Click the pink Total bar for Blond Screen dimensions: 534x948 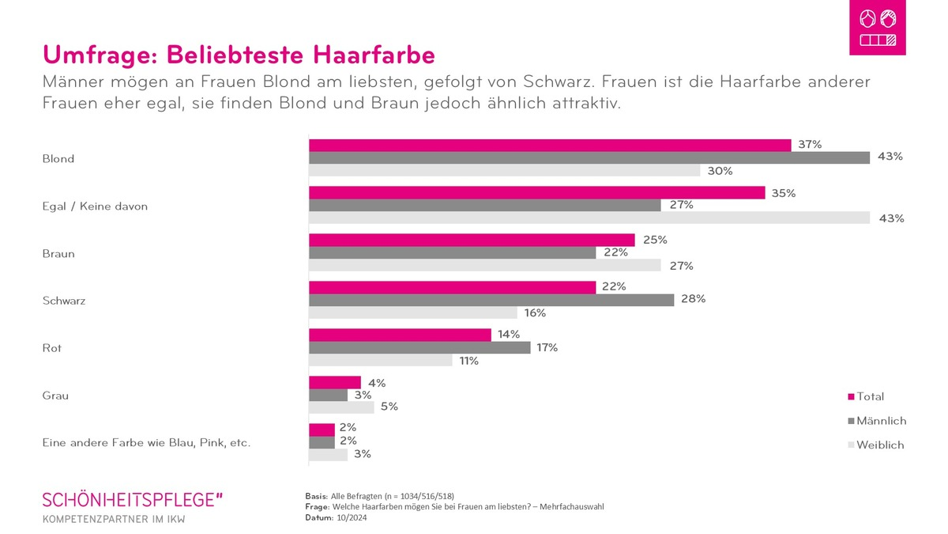(549, 145)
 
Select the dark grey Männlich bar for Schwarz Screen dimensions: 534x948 (491, 300)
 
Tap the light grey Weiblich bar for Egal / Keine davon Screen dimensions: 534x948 (589, 218)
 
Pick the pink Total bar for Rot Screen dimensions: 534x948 (400, 335)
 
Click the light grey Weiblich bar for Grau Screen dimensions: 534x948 (341, 407)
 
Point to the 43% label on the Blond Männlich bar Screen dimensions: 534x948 (890, 157)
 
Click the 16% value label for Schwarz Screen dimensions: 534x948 (535, 312)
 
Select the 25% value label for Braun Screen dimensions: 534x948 (655, 240)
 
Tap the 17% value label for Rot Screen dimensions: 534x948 (547, 347)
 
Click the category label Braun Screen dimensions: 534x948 (58, 254)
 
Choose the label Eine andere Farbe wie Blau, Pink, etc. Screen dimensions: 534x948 (146, 443)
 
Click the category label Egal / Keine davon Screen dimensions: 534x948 (95, 206)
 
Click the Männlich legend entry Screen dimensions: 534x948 (876, 421)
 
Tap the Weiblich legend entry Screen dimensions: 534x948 (875, 445)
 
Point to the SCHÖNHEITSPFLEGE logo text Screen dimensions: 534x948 (133, 499)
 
